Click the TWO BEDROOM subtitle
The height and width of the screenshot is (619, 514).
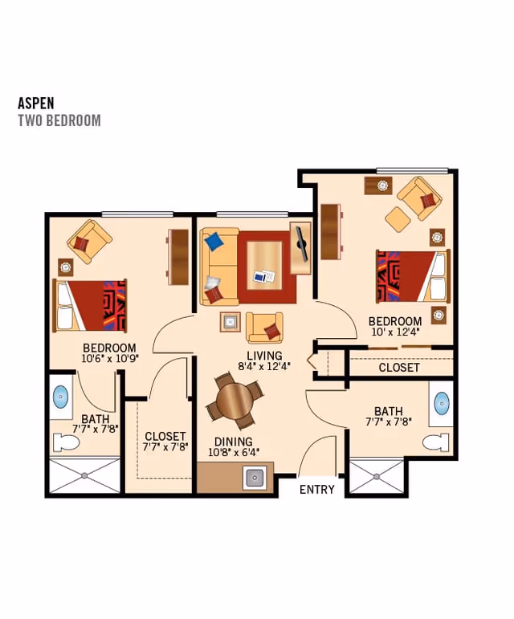click(x=59, y=120)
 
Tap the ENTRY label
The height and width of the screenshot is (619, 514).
click(x=316, y=489)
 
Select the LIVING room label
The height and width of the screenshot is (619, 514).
click(x=264, y=355)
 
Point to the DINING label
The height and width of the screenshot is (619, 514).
click(x=233, y=442)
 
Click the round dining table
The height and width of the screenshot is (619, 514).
click(x=235, y=399)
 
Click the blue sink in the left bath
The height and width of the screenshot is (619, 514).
click(x=61, y=397)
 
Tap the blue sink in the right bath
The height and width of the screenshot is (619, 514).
click(x=442, y=402)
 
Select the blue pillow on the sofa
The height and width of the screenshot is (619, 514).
click(x=213, y=242)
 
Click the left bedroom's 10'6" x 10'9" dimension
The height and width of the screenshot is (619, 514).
click(x=110, y=359)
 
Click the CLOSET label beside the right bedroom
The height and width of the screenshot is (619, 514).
click(x=399, y=367)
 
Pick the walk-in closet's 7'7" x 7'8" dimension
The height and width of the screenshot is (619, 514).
click(x=165, y=447)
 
